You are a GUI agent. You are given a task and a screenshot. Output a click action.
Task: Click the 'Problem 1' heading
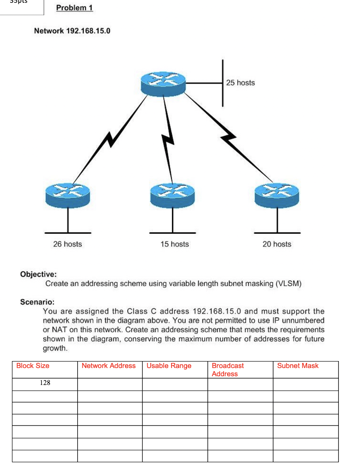(x=74, y=8)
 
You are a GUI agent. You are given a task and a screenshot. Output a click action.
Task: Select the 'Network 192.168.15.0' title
(x=72, y=31)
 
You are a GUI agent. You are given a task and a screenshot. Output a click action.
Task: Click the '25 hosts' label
(x=240, y=83)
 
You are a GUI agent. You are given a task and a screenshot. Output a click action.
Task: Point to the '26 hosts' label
(x=67, y=244)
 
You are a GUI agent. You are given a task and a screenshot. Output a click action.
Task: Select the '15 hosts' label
(x=174, y=244)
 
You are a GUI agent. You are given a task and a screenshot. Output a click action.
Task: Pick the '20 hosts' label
(x=277, y=244)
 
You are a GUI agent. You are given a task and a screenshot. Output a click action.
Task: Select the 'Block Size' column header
(x=33, y=366)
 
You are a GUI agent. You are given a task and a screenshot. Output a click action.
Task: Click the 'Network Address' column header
(x=109, y=366)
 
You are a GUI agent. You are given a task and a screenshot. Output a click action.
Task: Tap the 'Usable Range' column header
(x=169, y=366)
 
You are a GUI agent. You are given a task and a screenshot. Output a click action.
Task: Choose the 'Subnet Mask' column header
(x=297, y=366)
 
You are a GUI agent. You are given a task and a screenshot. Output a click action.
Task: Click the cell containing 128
(x=45, y=383)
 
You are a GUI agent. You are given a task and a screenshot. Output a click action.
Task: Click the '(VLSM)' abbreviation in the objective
(x=288, y=283)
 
